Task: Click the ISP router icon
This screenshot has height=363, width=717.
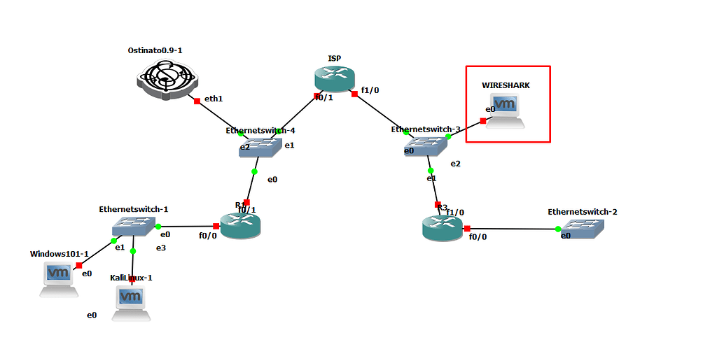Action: (x=335, y=79)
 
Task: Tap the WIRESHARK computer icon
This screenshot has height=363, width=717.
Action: (x=506, y=111)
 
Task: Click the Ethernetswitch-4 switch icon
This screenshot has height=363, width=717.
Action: (x=256, y=145)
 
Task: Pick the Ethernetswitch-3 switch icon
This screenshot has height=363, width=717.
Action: (x=424, y=145)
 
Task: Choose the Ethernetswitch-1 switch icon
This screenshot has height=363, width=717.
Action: (x=132, y=226)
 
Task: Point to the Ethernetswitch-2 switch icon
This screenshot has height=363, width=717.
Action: (x=585, y=229)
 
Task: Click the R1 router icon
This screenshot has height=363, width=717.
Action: (x=240, y=225)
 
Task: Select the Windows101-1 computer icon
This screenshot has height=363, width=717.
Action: (x=58, y=278)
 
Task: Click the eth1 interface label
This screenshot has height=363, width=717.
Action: (x=214, y=99)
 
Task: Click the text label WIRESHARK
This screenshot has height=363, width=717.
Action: (x=506, y=85)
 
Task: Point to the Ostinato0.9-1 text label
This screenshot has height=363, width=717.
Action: (x=160, y=50)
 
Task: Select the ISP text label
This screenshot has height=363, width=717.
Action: (x=335, y=58)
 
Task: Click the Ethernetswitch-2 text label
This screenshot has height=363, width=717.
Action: (x=583, y=211)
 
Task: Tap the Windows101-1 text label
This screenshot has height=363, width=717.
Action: (x=59, y=254)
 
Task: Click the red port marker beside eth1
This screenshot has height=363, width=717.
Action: (x=197, y=101)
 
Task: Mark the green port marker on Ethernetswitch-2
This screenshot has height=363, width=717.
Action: (x=558, y=229)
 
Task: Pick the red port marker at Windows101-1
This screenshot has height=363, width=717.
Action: (x=79, y=265)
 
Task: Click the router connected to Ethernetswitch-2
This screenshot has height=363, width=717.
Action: (x=442, y=228)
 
